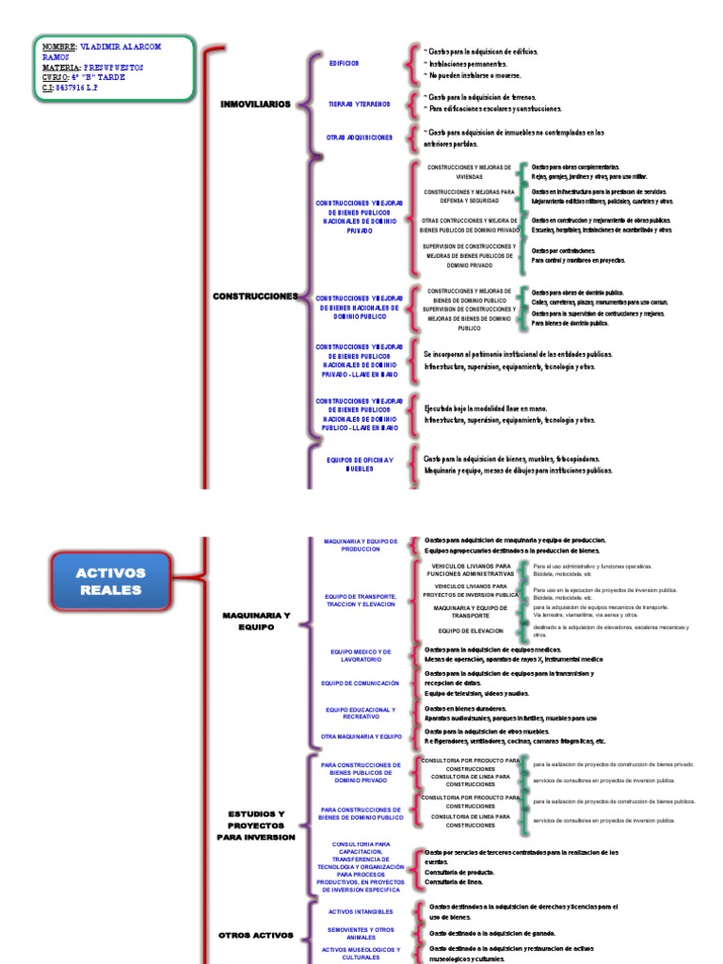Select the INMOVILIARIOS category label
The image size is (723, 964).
tap(255, 104)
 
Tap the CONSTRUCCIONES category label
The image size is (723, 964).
tap(255, 296)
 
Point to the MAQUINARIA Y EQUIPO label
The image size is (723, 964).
tap(256, 620)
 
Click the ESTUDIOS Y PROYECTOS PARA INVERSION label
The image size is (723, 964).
tap(256, 825)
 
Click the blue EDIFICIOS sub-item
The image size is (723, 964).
tap(344, 63)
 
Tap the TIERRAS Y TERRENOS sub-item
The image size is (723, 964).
tap(359, 104)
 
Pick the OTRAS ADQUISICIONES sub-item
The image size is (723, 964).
tap(359, 137)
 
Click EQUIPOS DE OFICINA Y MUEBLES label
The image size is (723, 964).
tap(360, 463)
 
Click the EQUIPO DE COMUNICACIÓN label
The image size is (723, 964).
tap(360, 683)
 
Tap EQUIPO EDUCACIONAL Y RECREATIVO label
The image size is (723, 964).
tap(361, 714)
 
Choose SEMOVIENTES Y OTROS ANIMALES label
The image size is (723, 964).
tap(361, 933)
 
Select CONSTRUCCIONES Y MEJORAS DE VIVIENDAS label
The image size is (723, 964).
tap(470, 171)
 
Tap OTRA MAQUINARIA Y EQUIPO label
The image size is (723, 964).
tap(361, 736)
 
